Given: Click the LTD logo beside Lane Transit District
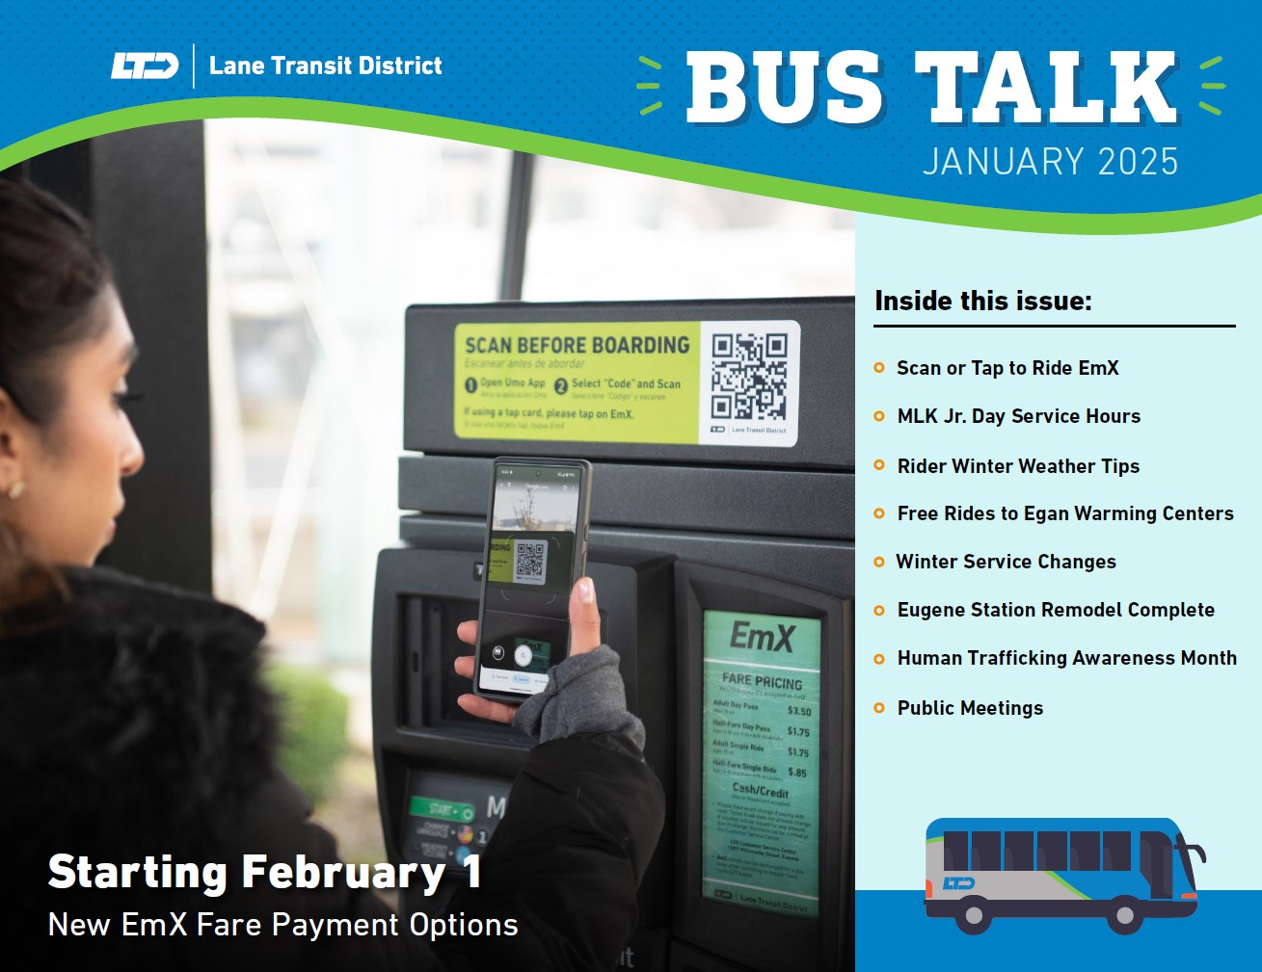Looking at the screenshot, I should pos(145,66).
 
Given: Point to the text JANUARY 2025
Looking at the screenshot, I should pos(1050,161).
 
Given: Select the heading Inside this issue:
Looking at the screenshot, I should pos(982,301).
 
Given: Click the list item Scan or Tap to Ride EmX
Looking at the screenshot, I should pos(1007,368).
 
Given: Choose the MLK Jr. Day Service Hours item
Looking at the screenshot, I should pos(1018,416).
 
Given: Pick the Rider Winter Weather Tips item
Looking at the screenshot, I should pos(1018,466).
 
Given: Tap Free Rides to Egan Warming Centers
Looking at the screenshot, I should pos(1064,513).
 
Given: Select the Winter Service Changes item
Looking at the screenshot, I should pos(1006,562).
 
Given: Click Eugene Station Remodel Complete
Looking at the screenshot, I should pos(1055,610).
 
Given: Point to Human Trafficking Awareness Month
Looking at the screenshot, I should pos(1066,658).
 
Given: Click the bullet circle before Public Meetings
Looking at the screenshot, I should pos(879,708).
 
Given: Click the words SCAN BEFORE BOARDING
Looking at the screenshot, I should pos(577,345).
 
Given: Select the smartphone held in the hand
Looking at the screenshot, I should pos(531,578).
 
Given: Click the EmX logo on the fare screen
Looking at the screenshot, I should pos(762,637).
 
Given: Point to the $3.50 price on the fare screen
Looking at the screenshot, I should pos(799,711).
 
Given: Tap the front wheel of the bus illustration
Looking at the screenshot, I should pos(1124,913).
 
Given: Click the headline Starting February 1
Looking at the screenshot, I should pos(264,873).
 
